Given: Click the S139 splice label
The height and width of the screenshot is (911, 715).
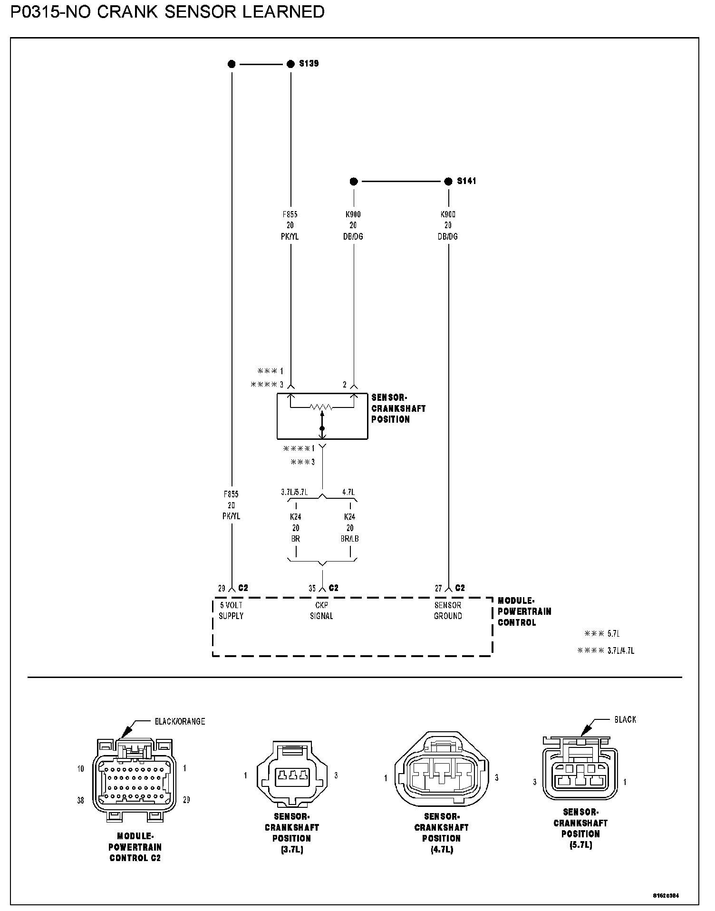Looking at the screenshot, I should [x=309, y=63].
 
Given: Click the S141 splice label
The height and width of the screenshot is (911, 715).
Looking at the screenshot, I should [x=466, y=181].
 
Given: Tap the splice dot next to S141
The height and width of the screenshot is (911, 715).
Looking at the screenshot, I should [x=448, y=181].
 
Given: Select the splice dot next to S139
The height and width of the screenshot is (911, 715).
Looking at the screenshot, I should [x=290, y=64].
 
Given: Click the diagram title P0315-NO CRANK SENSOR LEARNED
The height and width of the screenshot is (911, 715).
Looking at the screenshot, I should [x=167, y=12].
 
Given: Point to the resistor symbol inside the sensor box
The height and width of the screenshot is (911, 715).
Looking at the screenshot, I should [x=322, y=407].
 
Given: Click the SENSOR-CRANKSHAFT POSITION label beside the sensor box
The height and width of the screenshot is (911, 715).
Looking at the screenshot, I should [x=398, y=408].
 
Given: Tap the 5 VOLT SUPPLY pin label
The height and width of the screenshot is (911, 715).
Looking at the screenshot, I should [x=231, y=611].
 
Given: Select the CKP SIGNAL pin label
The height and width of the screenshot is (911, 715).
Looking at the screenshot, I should [x=321, y=611].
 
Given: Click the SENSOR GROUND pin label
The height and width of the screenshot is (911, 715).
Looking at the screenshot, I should [x=448, y=611].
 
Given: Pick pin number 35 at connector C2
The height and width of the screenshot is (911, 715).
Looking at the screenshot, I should [x=312, y=589].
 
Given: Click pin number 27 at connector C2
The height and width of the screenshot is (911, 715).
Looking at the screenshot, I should [x=439, y=589].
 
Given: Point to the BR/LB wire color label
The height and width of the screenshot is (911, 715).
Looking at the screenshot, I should [x=350, y=539].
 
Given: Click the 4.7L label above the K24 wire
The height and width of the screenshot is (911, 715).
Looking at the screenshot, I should [x=348, y=493].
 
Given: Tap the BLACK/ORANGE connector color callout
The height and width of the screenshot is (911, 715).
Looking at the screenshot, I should [x=180, y=721].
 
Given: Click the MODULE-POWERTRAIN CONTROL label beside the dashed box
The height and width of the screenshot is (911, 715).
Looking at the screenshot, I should [x=524, y=612].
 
